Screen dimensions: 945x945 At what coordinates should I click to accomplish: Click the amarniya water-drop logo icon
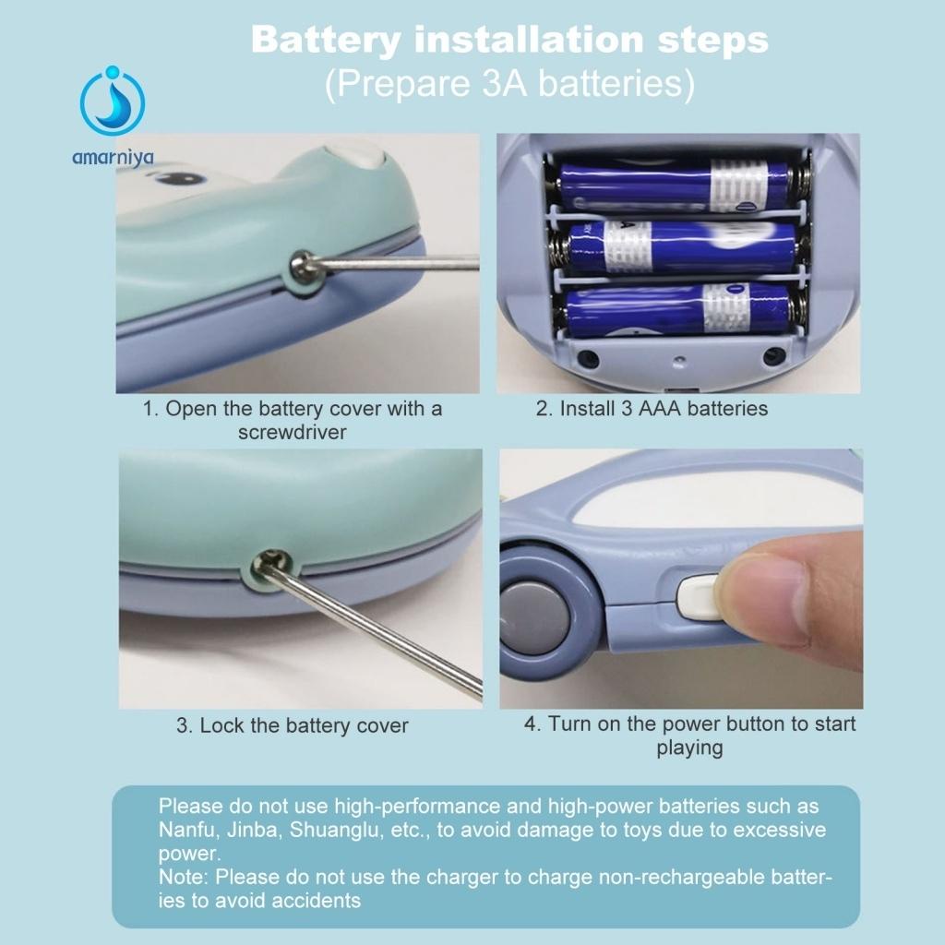113,102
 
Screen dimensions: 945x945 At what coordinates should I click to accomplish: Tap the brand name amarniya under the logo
113,158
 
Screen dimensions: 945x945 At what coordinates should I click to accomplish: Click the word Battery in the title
326,40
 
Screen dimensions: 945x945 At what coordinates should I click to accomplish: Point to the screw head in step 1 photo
303,265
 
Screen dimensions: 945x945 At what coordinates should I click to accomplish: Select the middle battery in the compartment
681,247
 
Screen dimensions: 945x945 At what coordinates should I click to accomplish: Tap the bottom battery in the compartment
678,308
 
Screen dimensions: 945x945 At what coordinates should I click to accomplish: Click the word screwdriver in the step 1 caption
293,432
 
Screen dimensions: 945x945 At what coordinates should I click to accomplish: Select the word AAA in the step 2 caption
659,409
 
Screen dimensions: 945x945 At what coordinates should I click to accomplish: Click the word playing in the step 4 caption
689,748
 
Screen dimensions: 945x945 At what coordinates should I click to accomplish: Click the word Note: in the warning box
184,877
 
